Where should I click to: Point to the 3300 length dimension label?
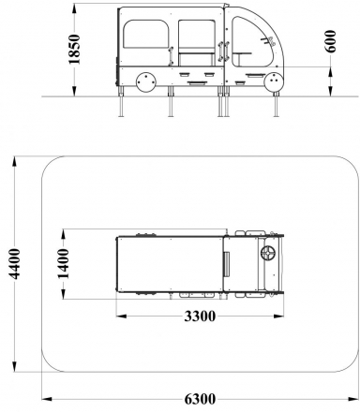click(x=196, y=316)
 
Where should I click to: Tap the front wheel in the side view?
click(x=275, y=82)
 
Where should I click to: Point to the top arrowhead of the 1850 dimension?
click(x=77, y=7)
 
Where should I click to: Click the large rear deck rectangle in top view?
click(x=169, y=263)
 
